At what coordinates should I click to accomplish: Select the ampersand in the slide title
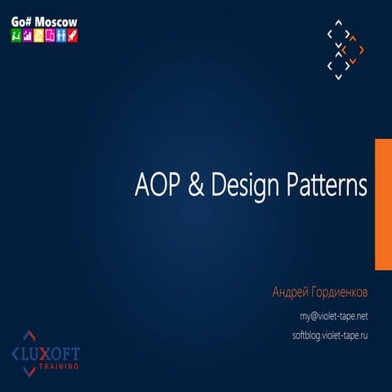pos(196,185)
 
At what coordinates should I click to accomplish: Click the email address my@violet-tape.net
pos(333,315)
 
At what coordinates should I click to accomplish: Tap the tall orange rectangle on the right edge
pos(382,203)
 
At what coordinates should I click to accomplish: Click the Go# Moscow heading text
pos(43,19)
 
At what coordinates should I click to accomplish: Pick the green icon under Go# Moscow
pos(16,36)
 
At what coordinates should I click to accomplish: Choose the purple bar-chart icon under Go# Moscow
pos(27,36)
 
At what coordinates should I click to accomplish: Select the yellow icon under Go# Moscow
pos(38,36)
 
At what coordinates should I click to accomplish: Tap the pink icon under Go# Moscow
pos(50,36)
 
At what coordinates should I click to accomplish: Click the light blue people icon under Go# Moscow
pos(61,36)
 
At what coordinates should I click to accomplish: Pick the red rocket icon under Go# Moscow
pos(73,36)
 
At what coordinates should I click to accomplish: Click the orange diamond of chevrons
pos(354,50)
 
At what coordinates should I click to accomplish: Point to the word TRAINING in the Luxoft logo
pos(58,367)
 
